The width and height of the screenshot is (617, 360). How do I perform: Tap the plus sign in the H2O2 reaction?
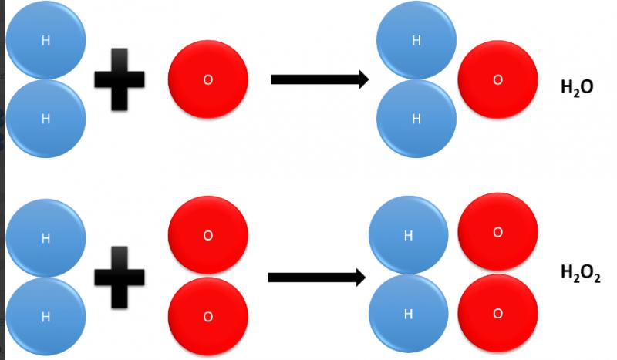click(120, 277)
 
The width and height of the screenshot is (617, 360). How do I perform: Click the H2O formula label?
click(576, 89)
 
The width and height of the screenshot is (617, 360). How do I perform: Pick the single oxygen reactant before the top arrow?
click(207, 80)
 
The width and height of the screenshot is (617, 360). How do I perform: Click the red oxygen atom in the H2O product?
click(497, 79)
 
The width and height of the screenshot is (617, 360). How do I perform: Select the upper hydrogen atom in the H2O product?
click(416, 40)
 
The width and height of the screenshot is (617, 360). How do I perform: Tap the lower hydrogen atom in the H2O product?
click(416, 119)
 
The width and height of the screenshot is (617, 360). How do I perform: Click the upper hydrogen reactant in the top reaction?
click(46, 40)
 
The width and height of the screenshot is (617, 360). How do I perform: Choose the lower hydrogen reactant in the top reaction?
click(46, 119)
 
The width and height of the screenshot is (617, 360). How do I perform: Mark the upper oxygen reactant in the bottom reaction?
click(207, 236)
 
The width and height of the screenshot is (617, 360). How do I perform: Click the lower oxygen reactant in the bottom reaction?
click(207, 316)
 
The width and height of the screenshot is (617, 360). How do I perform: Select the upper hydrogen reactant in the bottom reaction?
click(46, 237)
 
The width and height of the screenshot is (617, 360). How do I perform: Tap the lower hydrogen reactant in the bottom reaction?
click(46, 316)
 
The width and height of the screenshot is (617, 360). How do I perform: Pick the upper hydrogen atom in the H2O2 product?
click(409, 236)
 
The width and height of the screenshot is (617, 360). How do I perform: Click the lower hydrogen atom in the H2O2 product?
click(409, 315)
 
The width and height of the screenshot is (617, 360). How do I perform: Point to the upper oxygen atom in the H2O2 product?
click(497, 232)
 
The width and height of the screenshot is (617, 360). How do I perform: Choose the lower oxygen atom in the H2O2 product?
click(497, 313)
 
